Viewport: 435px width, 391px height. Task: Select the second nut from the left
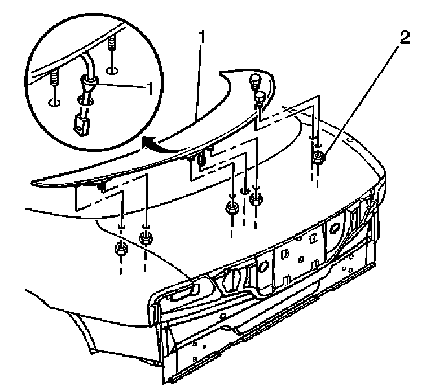tap(146, 238)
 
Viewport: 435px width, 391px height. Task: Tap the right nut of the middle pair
tap(256, 199)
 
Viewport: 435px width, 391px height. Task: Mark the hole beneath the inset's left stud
tap(54, 101)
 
